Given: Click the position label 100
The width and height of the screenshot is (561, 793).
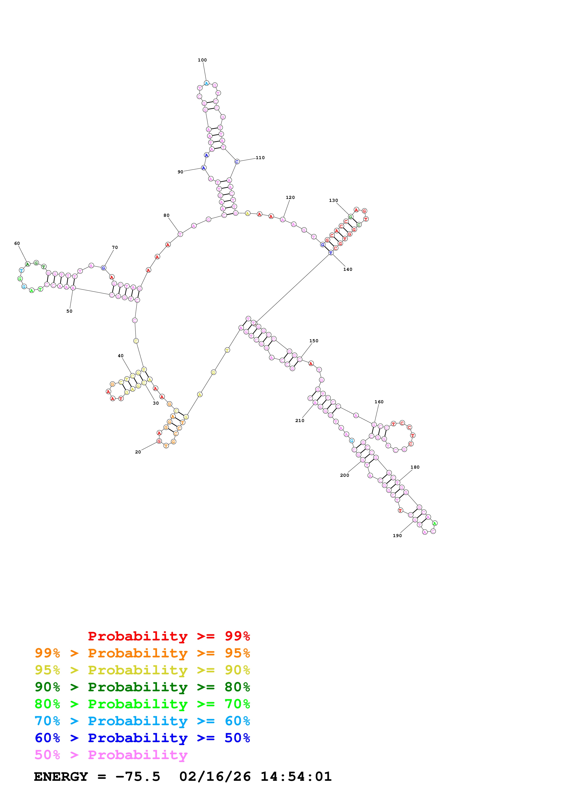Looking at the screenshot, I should tap(202, 60).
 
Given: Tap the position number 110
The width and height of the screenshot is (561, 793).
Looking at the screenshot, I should tap(260, 158).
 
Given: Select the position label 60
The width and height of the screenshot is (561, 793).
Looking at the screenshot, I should tap(17, 243).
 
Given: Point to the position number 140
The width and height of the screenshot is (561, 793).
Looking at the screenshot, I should tap(348, 269).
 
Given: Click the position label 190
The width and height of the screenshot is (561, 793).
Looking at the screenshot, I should tap(397, 536).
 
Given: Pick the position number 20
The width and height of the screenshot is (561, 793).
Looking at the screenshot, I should tap(138, 452).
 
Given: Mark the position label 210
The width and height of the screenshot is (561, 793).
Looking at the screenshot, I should tap(300, 421).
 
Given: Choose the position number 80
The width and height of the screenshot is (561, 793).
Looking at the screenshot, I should tap(167, 215).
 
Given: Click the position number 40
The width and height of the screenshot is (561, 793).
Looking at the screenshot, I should tap(121, 356).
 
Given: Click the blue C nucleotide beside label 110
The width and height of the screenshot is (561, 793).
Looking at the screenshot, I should tap(237, 162).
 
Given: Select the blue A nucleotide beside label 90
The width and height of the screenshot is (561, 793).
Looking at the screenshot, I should tap(204, 168).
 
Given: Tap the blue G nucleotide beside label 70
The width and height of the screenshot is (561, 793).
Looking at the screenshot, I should tap(103, 268).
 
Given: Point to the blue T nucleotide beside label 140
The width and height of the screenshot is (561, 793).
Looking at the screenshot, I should tap(331, 253).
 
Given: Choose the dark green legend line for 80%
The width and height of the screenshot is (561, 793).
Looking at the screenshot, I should tap(142, 687).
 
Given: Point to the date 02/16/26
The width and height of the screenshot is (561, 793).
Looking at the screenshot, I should tap(215, 776).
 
